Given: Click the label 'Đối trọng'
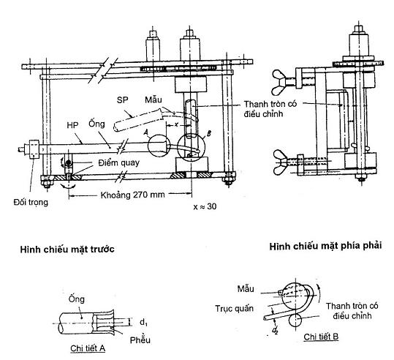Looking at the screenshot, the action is [x=31, y=202].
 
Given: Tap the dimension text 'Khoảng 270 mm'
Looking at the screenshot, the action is [x=133, y=195].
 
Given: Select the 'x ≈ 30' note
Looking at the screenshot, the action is [x=205, y=206].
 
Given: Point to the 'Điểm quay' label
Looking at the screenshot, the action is [x=119, y=162].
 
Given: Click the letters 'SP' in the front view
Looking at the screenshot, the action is [x=122, y=100].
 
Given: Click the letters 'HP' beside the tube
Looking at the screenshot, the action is [x=72, y=125].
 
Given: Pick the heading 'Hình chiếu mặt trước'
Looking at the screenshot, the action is [x=67, y=250].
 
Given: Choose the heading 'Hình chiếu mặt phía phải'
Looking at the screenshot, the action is [x=326, y=246].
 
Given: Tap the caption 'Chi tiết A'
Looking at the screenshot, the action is [x=88, y=348].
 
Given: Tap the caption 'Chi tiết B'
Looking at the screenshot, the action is [x=321, y=337].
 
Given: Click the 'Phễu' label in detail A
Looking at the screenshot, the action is [x=140, y=340].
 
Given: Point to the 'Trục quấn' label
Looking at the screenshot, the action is [x=234, y=309].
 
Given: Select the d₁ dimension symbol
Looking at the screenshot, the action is [x=143, y=322].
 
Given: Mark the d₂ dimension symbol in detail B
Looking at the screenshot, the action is [x=275, y=331].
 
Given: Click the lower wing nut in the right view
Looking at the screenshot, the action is [x=281, y=162].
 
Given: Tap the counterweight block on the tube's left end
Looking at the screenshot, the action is [x=34, y=149].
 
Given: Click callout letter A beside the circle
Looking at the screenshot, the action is [x=145, y=132].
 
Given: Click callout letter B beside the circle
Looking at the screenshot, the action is [x=209, y=133].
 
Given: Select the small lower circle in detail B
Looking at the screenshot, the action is [x=295, y=320].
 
